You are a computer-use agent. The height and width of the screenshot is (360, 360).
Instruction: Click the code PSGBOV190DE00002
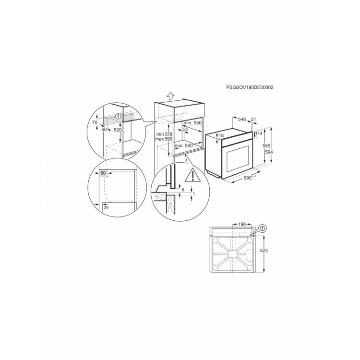pos(250,87)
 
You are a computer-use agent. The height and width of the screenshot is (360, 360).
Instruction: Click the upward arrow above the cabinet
pos(170,96)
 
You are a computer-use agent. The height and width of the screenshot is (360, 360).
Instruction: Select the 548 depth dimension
pos(242,120)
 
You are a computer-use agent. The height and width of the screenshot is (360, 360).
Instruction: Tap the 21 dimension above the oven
pos(253,119)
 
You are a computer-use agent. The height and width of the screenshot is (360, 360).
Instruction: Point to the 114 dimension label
pos(259,133)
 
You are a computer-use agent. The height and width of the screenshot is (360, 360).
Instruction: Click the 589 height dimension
pos(267,146)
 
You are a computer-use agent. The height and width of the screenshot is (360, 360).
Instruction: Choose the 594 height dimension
pos(267,152)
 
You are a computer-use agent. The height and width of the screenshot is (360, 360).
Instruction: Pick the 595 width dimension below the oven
pos(248,178)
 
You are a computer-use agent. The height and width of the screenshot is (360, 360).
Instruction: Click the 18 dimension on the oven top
pos(221,136)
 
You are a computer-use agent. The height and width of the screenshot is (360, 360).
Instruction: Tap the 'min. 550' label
pos(192,123)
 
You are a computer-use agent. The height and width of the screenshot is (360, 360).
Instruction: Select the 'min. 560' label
pos(184,145)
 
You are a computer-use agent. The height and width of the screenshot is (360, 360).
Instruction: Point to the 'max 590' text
pos(164,139)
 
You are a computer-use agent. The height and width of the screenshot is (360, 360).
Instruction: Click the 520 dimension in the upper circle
pos(118,130)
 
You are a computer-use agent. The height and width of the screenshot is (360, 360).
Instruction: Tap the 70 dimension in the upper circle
pos(95,122)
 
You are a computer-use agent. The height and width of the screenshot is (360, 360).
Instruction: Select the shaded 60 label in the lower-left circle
pos(103,173)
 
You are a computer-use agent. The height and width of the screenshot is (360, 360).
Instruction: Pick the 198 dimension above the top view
pos(242,224)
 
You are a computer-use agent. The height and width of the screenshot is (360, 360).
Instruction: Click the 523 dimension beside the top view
pos(264,251)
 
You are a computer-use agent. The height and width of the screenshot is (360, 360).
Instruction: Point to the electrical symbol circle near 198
pos(264,228)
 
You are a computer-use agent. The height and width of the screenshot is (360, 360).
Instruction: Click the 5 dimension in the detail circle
pos(183,190)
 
